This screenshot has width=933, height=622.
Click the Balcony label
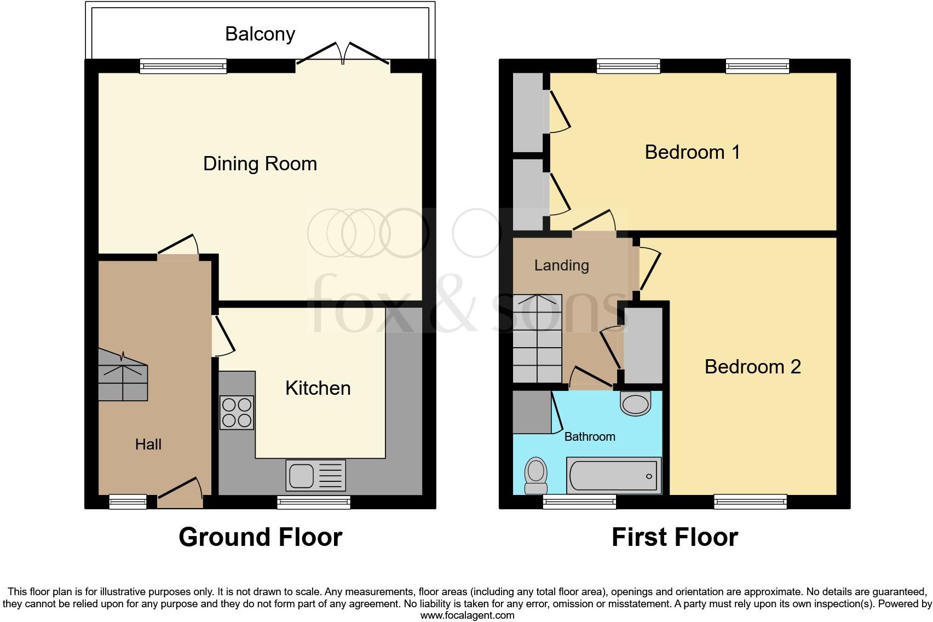click(x=260, y=34)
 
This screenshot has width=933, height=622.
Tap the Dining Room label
click(x=260, y=164)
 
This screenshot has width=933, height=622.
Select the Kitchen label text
click(x=318, y=388)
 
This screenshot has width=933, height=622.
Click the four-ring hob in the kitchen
click(x=237, y=412)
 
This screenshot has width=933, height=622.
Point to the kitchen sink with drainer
click(x=316, y=475)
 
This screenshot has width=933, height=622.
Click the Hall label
click(x=148, y=444)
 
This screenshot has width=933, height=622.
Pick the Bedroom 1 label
click(x=692, y=152)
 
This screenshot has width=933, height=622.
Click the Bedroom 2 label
click(x=752, y=366)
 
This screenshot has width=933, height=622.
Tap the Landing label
click(x=561, y=266)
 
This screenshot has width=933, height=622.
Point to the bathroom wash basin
click(x=635, y=403)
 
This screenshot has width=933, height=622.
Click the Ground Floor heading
click(x=260, y=537)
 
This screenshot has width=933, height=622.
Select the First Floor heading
click(x=675, y=537)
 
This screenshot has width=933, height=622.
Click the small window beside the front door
click(x=128, y=502)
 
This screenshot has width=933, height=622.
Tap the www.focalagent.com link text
click(x=467, y=615)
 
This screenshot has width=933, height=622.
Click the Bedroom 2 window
click(x=750, y=502)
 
